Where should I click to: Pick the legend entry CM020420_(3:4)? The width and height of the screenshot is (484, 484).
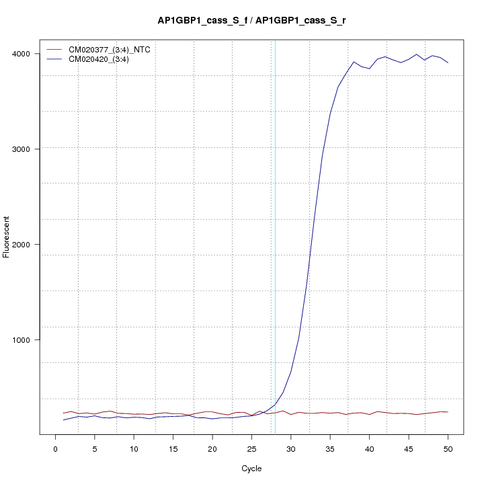tap(104, 59)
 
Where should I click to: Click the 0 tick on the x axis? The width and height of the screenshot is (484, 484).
tap(56, 448)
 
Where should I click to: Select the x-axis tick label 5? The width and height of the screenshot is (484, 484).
tap(95, 448)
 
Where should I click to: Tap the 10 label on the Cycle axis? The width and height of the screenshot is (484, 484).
tap(134, 448)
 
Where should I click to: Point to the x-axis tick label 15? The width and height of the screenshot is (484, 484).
tap(173, 448)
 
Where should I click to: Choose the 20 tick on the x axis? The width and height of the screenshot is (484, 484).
tap(212, 448)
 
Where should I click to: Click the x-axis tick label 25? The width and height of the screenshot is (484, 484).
tap(251, 448)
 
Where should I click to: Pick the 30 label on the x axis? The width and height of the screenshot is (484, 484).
tap(291, 448)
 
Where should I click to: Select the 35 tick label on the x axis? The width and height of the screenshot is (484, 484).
tap(330, 448)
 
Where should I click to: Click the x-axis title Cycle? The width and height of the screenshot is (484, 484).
tap(251, 469)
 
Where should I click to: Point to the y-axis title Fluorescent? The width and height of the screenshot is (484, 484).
tap(7, 237)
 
